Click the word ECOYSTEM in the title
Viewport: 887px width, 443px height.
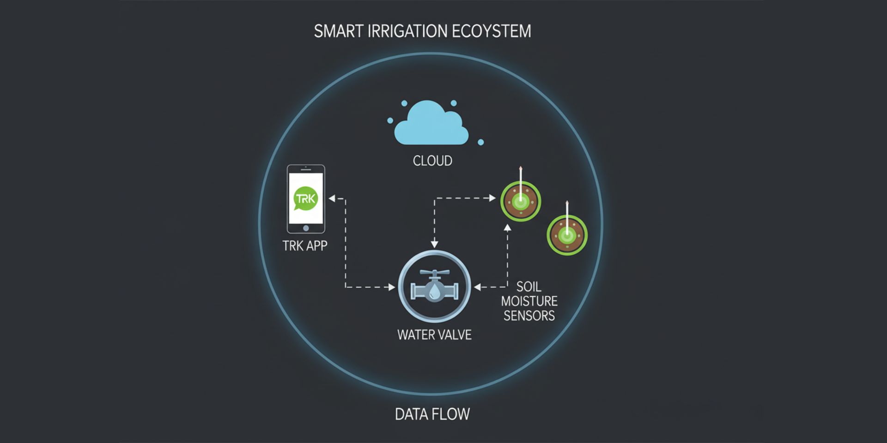491,31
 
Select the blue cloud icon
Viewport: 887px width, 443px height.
431,123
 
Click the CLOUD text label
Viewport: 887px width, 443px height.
432,161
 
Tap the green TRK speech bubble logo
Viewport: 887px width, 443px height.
305,198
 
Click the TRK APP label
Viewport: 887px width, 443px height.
305,246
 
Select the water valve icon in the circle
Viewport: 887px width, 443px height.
434,287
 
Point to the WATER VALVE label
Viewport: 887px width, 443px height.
434,335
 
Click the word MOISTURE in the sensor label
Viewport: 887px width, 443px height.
529,301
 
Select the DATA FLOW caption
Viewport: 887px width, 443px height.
432,414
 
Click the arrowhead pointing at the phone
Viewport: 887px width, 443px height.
332,198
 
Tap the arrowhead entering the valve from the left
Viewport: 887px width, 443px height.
392,287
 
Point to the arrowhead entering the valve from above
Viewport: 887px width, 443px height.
434,244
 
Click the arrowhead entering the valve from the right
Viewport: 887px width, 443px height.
478,287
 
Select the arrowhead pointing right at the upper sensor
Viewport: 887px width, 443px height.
492,198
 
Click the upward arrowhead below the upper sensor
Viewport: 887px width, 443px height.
507,227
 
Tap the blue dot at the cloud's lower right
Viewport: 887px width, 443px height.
481,142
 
